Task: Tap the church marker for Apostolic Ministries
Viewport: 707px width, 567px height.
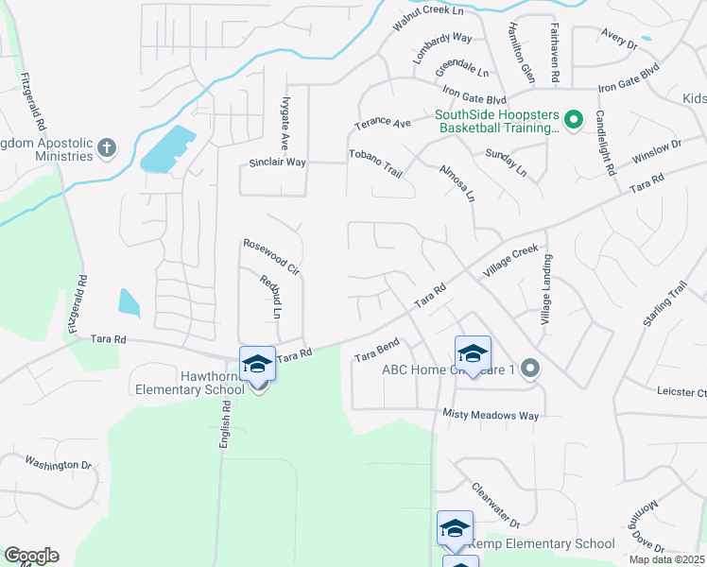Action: [107, 147]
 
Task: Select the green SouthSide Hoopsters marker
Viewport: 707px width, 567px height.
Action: [573, 121]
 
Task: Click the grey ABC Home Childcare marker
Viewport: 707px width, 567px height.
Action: [531, 369]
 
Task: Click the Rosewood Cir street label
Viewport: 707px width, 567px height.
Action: [271, 256]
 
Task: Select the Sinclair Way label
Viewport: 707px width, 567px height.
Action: [277, 163]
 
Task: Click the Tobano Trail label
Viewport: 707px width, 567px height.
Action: [376, 162]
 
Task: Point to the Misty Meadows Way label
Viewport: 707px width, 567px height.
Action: [491, 415]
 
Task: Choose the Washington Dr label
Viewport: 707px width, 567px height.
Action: [58, 464]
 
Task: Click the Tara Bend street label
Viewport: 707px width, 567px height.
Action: [378, 350]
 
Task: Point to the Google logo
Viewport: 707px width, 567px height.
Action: [31, 556]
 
